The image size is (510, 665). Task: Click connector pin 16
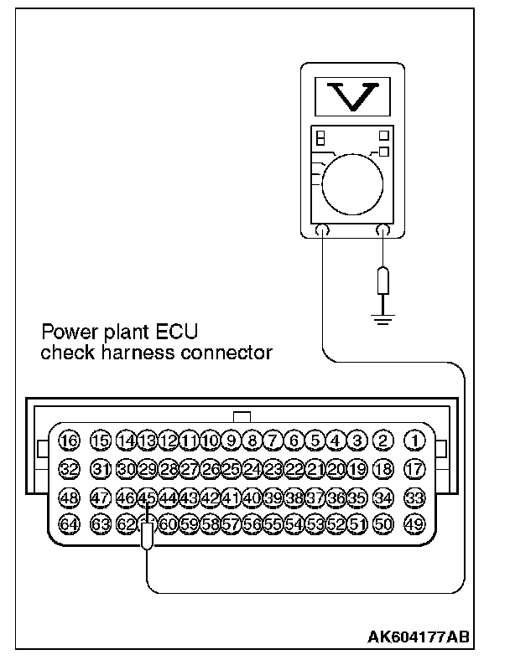pos(69,441)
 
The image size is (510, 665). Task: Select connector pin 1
pos(415,441)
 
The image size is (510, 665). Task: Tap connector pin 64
pos(69,524)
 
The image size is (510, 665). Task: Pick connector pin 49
pos(415,524)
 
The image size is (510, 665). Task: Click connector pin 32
pos(69,469)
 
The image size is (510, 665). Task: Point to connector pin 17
pos(415,469)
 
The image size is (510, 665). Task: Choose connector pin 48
pos(69,497)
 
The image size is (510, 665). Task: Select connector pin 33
pos(415,497)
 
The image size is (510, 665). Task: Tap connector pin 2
pos(383,441)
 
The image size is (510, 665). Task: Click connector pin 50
pos(383,524)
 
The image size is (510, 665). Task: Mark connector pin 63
pos(101,524)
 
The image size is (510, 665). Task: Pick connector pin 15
pos(101,441)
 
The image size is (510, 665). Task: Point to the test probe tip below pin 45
pos(148,535)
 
